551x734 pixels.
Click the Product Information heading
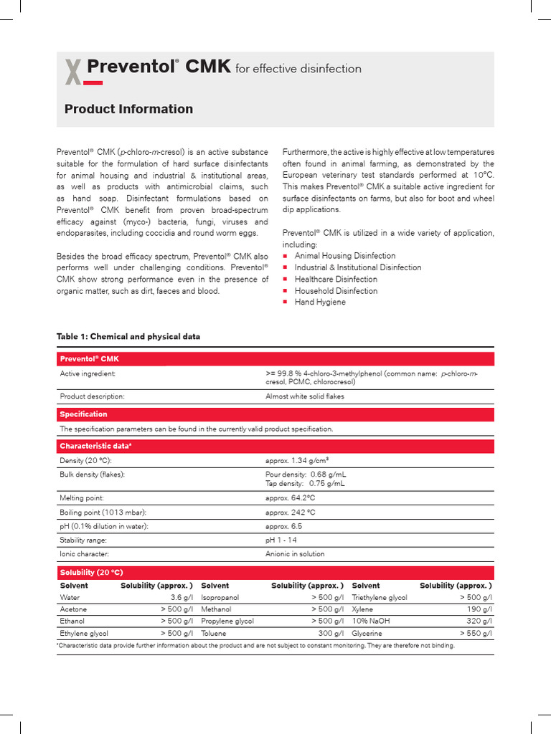click(x=128, y=109)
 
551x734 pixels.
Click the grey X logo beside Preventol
click(x=72, y=72)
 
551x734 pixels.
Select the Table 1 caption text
click(x=128, y=336)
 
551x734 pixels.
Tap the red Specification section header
click(x=84, y=414)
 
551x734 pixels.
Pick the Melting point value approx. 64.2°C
click(x=291, y=497)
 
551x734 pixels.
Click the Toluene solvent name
click(x=213, y=634)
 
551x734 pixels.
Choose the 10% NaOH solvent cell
click(x=369, y=621)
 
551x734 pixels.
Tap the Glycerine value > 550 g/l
click(x=476, y=634)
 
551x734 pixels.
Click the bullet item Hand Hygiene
click(x=320, y=302)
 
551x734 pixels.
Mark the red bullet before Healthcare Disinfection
click(x=286, y=280)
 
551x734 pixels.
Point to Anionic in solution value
click(x=295, y=554)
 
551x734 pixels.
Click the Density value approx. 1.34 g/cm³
click(x=297, y=459)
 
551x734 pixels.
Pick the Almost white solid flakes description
click(x=305, y=396)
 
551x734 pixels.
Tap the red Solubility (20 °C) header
click(x=91, y=572)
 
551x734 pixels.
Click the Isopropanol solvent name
click(x=220, y=597)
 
